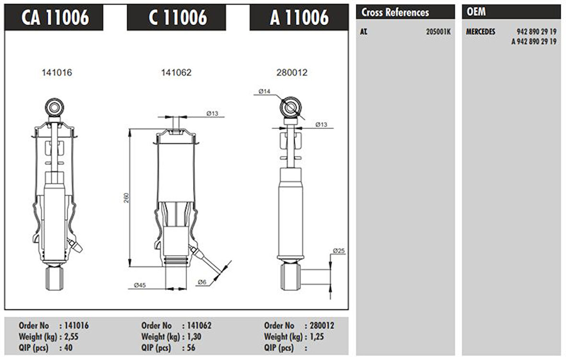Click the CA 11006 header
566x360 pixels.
(55, 17)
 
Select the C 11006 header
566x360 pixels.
(177, 17)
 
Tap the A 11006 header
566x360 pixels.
(299, 17)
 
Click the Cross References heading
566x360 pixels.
(395, 12)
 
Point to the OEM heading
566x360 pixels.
(476, 12)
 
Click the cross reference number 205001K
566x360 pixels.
(438, 32)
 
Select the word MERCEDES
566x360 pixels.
(481, 32)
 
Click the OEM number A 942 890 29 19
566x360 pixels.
(534, 42)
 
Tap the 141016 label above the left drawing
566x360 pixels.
(57, 72)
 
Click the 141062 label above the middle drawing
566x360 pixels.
(176, 72)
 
